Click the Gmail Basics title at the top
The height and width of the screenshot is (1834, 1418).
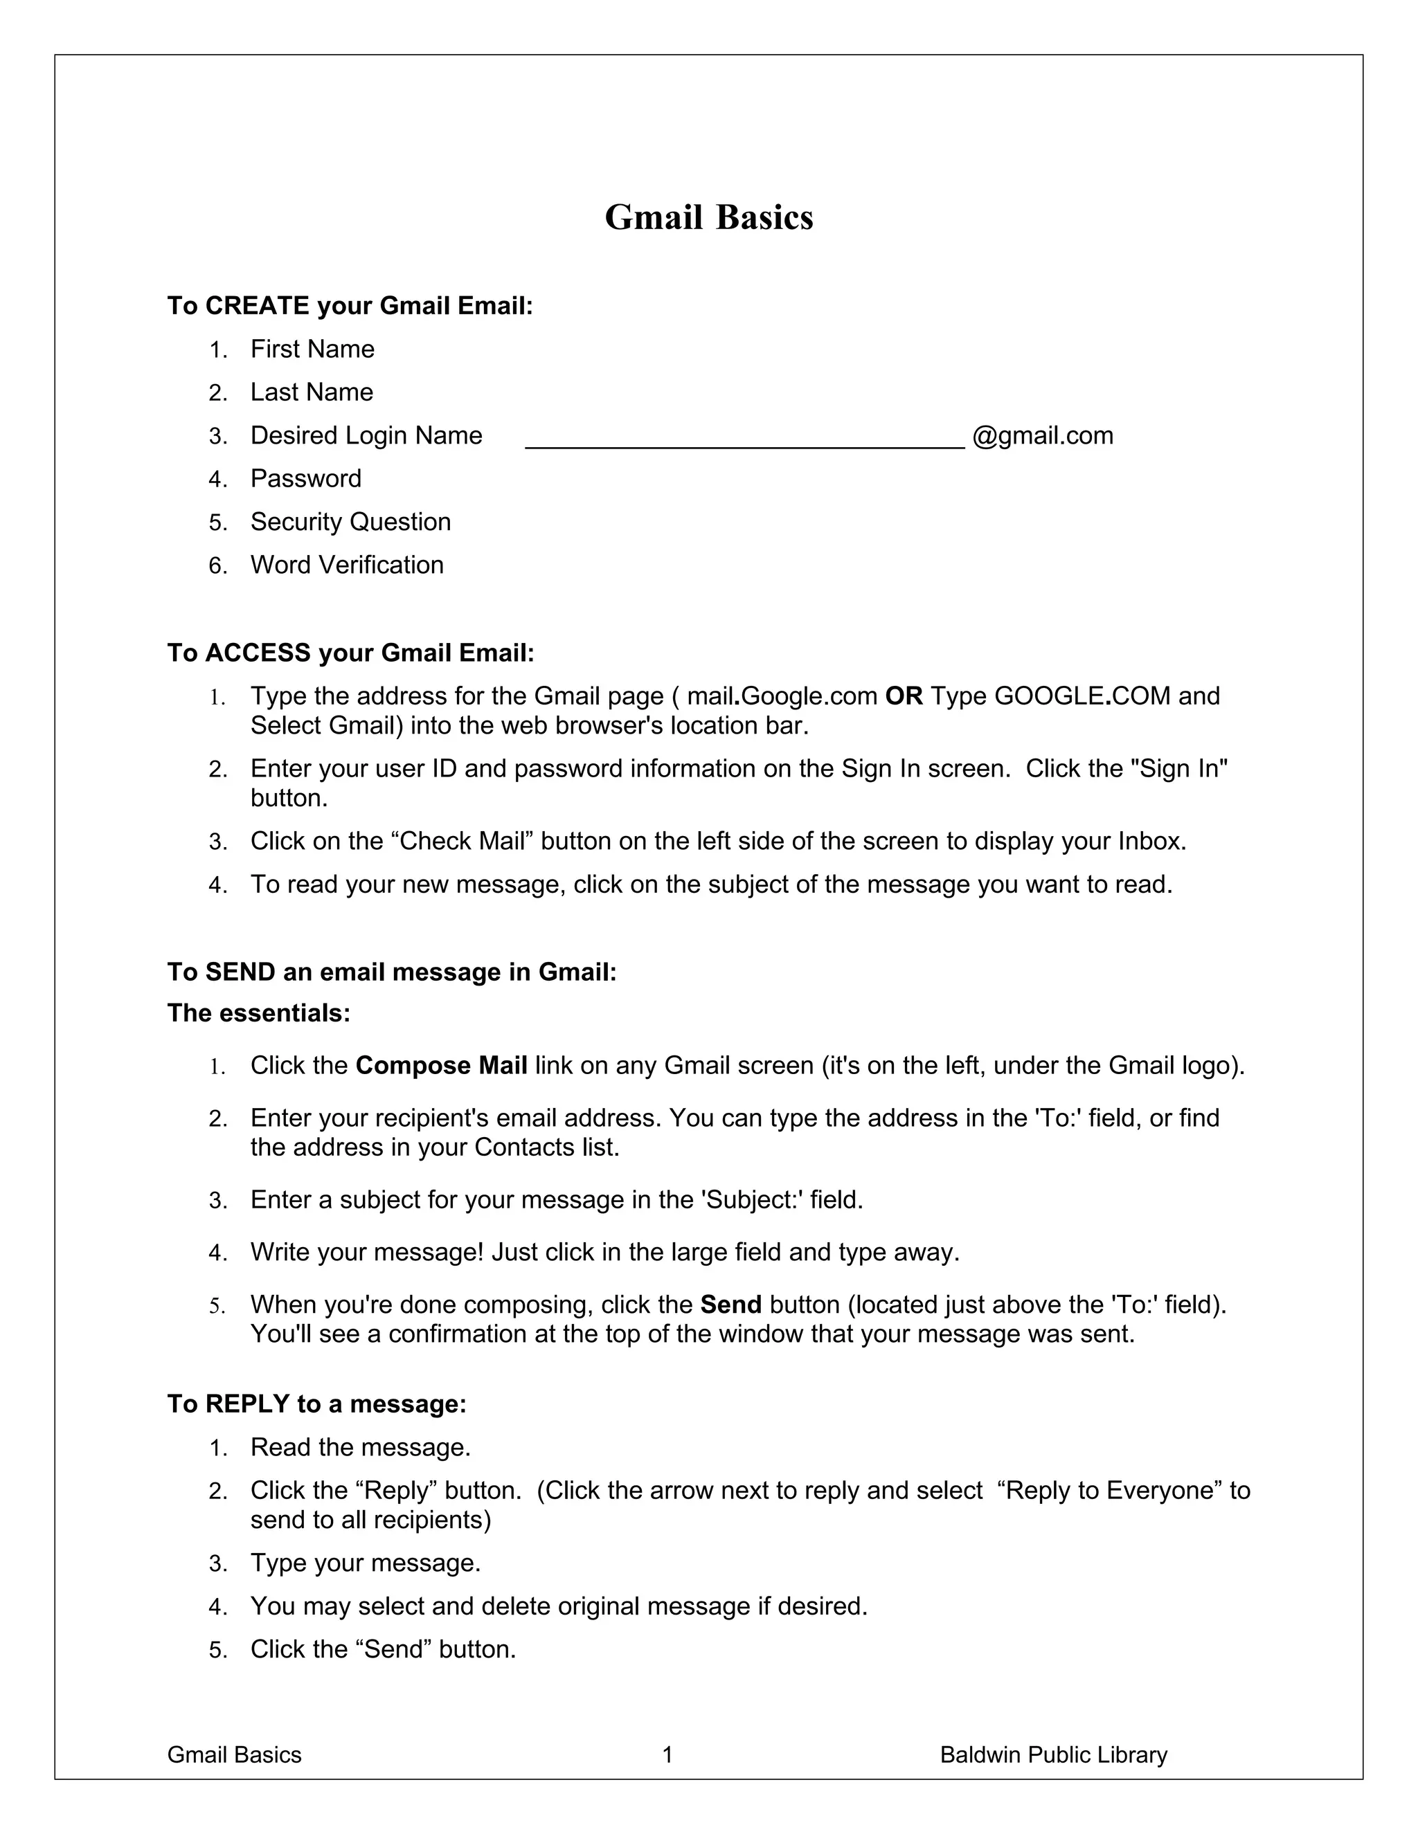coord(708,217)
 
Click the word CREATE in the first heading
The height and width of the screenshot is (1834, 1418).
coord(257,306)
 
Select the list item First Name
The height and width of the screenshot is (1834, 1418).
coord(312,349)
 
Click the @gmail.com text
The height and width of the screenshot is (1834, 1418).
coord(1043,436)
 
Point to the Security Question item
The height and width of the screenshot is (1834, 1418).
coord(350,523)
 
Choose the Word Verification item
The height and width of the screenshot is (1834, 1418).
coord(347,565)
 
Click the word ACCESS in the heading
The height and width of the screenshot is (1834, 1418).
coord(258,653)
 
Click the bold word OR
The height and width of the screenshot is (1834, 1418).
coord(904,696)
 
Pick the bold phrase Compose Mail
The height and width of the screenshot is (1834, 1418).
coord(441,1066)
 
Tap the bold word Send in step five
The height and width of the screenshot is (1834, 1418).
coord(730,1305)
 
